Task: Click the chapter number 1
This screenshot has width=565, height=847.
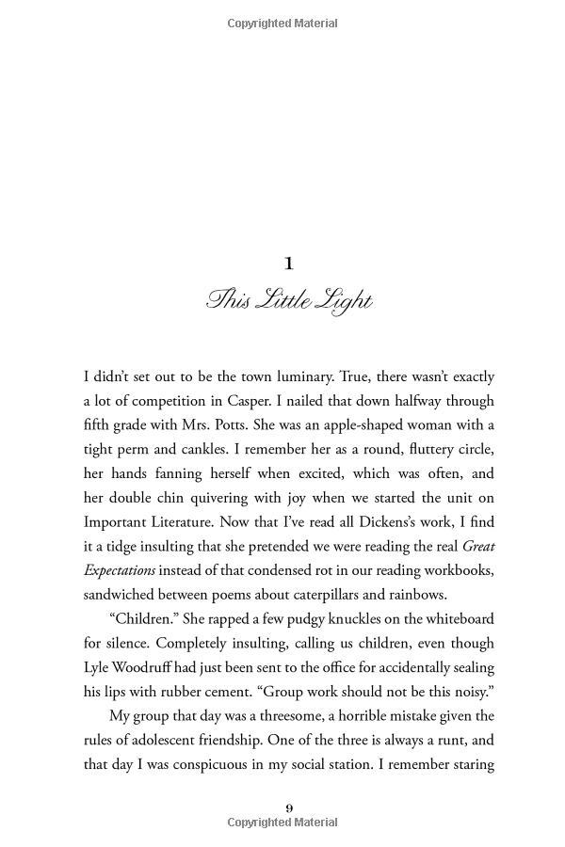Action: click(289, 264)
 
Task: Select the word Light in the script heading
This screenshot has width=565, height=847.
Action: click(348, 301)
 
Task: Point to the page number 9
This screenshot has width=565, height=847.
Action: click(289, 807)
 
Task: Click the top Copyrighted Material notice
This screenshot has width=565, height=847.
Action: click(282, 24)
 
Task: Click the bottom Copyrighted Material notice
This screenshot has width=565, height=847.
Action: click(282, 823)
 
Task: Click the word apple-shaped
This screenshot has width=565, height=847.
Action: click(373, 425)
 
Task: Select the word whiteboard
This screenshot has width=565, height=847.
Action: click(448, 619)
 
